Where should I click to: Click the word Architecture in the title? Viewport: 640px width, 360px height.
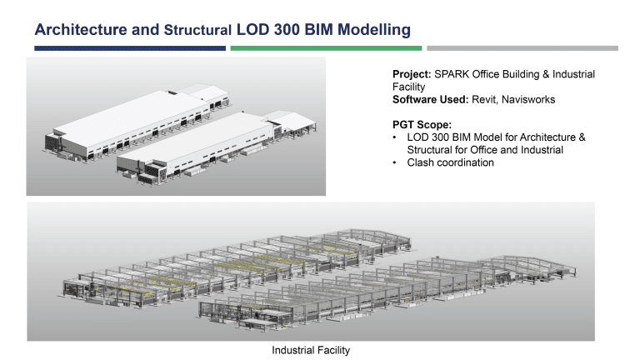point(81,30)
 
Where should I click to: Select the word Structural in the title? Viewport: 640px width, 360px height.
point(197,31)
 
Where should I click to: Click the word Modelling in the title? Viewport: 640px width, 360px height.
point(372,30)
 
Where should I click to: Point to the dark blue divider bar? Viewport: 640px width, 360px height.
point(129,48)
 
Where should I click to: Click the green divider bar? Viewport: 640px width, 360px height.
point(326,48)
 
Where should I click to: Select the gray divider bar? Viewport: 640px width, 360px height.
point(522,48)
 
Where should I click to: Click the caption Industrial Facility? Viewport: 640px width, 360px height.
point(311,350)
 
